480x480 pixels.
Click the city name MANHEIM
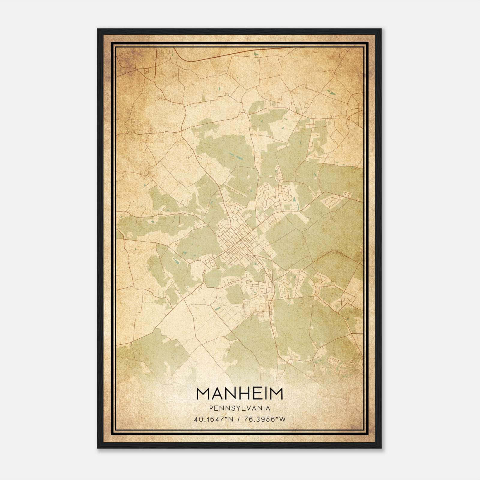point(239,394)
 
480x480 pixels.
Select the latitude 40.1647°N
point(214,419)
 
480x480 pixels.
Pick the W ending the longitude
point(282,419)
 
